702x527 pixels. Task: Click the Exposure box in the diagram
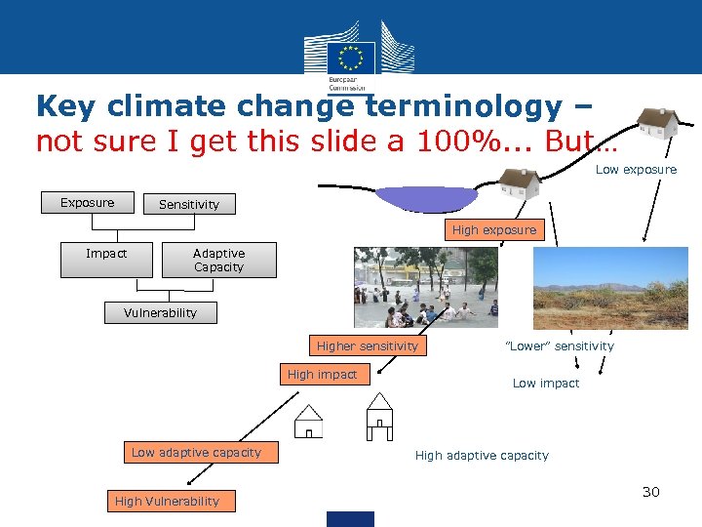point(87,203)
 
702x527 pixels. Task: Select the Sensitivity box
point(189,204)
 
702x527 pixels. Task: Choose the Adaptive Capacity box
point(218,261)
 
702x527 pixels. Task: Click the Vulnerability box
point(160,312)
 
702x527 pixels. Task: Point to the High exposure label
point(493,230)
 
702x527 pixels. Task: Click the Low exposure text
point(636,170)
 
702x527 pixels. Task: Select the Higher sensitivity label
point(367,345)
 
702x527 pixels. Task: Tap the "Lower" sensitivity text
point(559,345)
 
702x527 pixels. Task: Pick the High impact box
point(322,374)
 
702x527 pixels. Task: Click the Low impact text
point(545,384)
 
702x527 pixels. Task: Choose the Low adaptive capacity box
point(196,452)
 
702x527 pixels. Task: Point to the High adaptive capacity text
point(482,456)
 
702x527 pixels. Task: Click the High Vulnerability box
point(167,501)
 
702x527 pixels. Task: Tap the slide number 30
point(650,492)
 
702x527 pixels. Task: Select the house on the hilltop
point(657,123)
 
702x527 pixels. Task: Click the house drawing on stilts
point(378,415)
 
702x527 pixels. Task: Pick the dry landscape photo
point(609,287)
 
